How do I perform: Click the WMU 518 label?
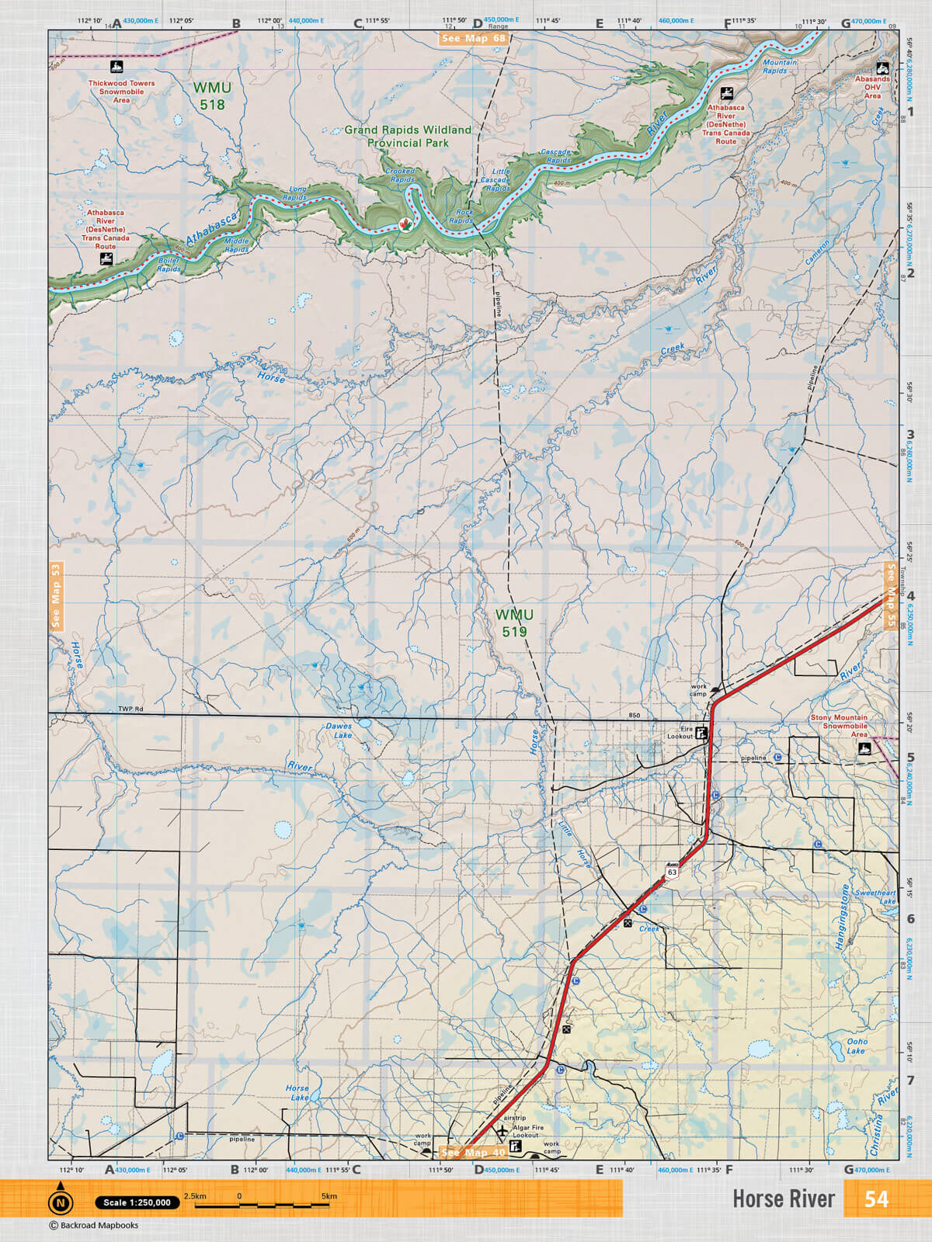click(212, 96)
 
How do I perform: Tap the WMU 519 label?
click(514, 623)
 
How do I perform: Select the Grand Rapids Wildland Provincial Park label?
click(408, 136)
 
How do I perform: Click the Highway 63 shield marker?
click(672, 871)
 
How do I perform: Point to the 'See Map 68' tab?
click(473, 38)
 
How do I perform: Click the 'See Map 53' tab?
click(56, 595)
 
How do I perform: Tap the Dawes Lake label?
click(339, 730)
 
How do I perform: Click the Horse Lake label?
click(297, 1092)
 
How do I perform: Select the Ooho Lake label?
click(857, 1046)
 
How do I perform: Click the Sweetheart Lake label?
click(875, 897)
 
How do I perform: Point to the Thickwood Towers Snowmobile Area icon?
click(116, 67)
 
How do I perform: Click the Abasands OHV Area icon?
click(882, 68)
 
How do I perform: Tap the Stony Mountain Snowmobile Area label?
click(839, 726)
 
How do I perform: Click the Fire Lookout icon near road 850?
click(701, 732)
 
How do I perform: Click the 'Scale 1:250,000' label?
click(137, 1202)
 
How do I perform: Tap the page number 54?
click(876, 1199)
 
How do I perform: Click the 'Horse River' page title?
click(783, 1199)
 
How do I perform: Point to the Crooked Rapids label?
click(400, 175)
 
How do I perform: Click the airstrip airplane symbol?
click(502, 1132)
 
